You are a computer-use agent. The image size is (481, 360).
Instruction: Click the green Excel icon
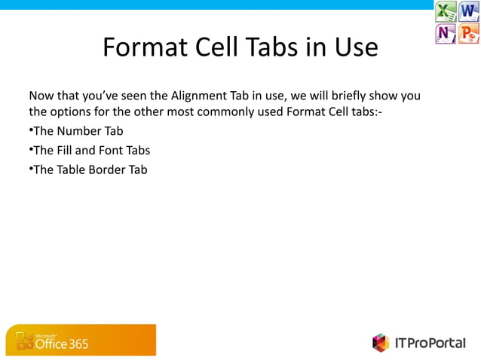click(446, 12)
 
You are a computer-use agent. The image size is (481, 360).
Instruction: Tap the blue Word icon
click(469, 12)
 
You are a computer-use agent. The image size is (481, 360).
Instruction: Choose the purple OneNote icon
click(446, 34)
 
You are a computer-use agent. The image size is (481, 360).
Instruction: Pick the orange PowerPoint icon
click(469, 34)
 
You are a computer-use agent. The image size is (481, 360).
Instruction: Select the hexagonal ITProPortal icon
click(381, 343)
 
